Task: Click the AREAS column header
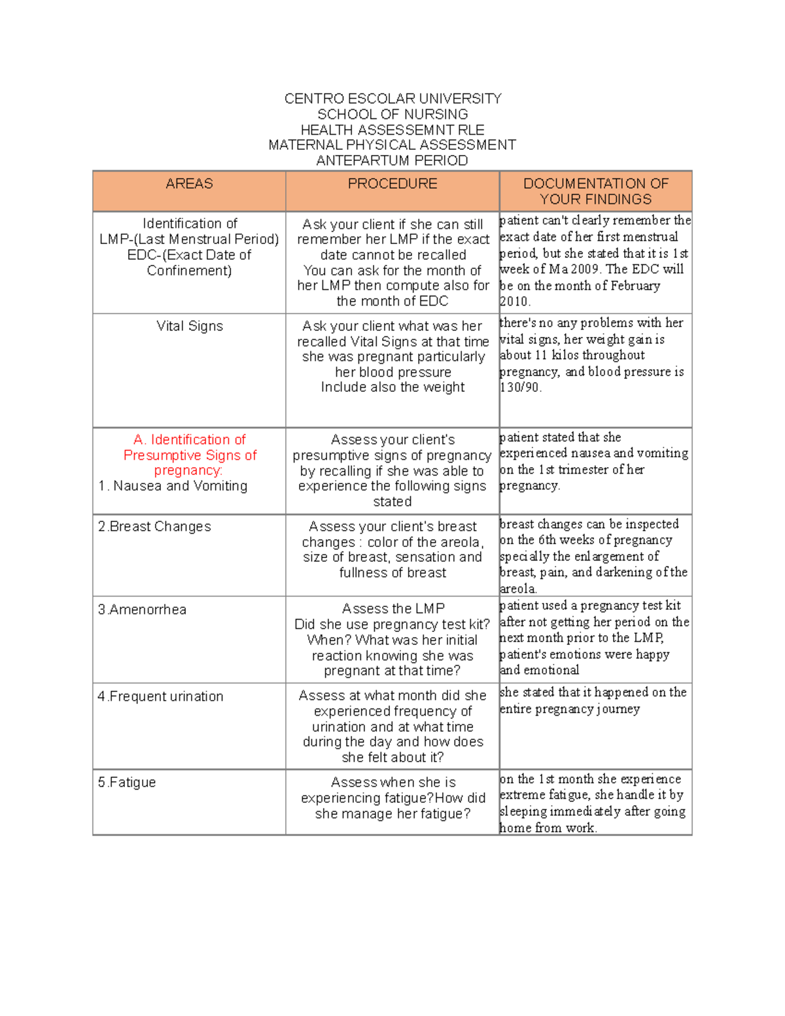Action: point(189,184)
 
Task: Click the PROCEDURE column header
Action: point(392,184)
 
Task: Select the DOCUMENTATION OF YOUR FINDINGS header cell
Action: point(595,191)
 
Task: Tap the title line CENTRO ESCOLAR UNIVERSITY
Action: point(392,99)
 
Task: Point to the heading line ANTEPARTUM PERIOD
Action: point(392,161)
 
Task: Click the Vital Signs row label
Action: point(189,326)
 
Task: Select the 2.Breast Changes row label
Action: point(154,527)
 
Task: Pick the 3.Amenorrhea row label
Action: point(142,610)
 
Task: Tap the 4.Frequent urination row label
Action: point(160,697)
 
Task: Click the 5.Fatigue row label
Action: point(127,782)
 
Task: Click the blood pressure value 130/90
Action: point(520,387)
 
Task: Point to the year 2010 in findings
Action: point(515,302)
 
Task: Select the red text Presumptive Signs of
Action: point(190,455)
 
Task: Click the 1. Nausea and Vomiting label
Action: point(173,486)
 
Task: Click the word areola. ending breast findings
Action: point(517,589)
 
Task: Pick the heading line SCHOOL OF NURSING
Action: point(392,114)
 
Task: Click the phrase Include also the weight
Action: point(392,387)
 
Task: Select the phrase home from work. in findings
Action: point(548,828)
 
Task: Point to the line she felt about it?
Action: point(392,758)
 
